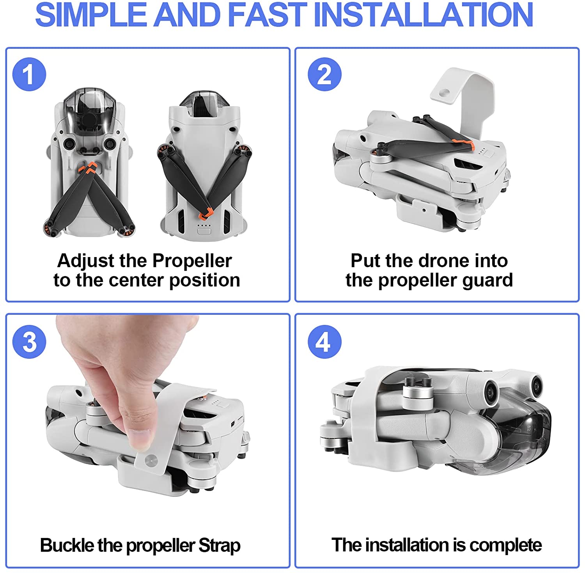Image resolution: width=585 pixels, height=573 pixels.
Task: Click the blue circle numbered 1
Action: pos(29,74)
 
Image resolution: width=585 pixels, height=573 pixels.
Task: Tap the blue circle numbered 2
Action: pos(324,74)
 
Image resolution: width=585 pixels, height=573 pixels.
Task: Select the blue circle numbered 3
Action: pos(29,342)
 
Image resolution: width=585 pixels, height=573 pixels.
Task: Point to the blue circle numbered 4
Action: pos(324,342)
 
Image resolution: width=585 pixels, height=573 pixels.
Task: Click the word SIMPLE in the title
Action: pos(90,15)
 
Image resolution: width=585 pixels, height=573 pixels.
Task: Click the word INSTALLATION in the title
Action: pos(423,15)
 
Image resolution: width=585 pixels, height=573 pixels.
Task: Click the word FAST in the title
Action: pos(267,15)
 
